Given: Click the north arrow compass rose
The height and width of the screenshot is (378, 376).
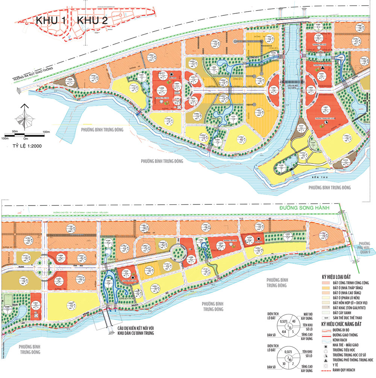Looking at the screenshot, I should [23, 117].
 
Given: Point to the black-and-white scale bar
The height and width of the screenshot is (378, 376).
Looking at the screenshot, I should [23, 134].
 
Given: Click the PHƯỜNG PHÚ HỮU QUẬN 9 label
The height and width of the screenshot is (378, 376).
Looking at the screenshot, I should [364, 247].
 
